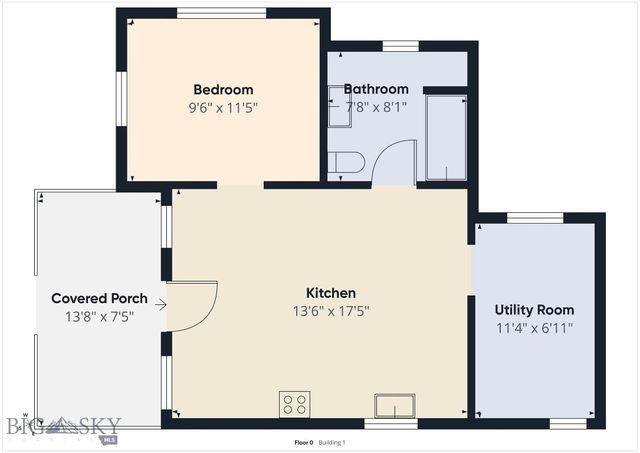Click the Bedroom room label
pyautogui.click(x=223, y=89)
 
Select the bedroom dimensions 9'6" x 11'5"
pyautogui.click(x=223, y=107)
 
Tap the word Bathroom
pyautogui.click(x=376, y=89)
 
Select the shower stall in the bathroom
pyautogui.click(x=446, y=137)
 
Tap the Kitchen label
pyautogui.click(x=331, y=293)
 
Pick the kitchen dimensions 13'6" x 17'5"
pyautogui.click(x=331, y=311)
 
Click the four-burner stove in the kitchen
pyautogui.click(x=295, y=404)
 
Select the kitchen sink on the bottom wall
pyautogui.click(x=395, y=406)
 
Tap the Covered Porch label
pyautogui.click(x=99, y=298)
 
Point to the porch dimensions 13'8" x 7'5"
pyautogui.click(x=99, y=316)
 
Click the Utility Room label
pyautogui.click(x=534, y=310)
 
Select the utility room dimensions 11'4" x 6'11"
pyautogui.click(x=534, y=328)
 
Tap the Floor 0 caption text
pyautogui.click(x=303, y=442)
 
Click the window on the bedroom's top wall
pyautogui.click(x=221, y=13)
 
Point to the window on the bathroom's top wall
pyautogui.click(x=400, y=46)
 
